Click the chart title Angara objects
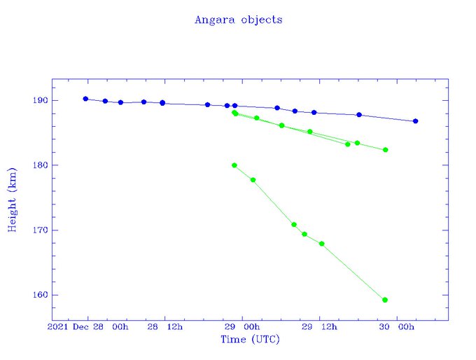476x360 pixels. click(x=238, y=20)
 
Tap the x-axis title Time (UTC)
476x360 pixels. click(x=250, y=340)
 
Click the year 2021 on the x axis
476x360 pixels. click(x=59, y=327)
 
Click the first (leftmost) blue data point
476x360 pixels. click(x=85, y=99)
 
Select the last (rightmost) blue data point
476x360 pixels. click(x=415, y=121)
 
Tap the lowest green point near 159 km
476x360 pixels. click(x=385, y=300)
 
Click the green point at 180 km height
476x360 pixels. click(x=234, y=165)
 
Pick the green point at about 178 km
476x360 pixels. click(x=253, y=180)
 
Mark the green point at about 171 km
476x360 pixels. click(x=294, y=224)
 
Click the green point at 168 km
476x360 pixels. click(x=321, y=244)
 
